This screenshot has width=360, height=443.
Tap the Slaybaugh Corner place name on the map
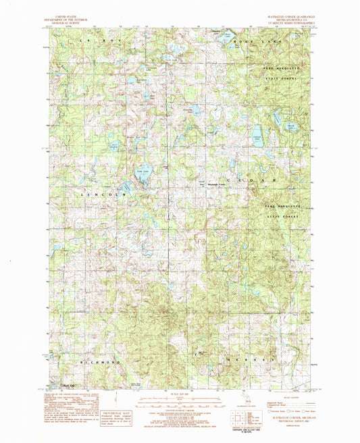pyautogui.click(x=214, y=185)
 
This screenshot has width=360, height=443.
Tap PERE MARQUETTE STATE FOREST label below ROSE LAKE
pyautogui.click(x=283, y=72)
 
